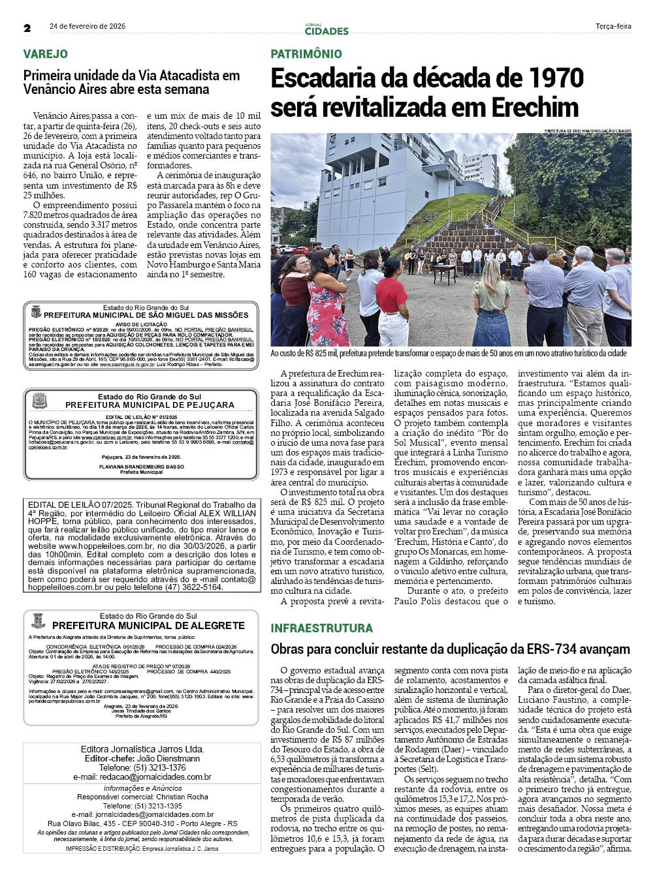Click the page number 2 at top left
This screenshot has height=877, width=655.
[x=27, y=28]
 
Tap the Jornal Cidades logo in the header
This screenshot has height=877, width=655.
[x=327, y=29]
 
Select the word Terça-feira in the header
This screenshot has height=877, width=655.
[x=613, y=27]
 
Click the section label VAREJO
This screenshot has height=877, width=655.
[x=46, y=54]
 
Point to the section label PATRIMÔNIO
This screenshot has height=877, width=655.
[x=306, y=54]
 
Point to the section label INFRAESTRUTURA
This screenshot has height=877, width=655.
[x=322, y=628]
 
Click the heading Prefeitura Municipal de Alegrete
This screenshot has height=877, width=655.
[x=148, y=625]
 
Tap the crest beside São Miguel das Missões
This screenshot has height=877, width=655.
[x=35, y=311]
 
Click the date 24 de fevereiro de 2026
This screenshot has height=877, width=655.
[x=88, y=27]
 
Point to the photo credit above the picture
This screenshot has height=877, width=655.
[x=588, y=131]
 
